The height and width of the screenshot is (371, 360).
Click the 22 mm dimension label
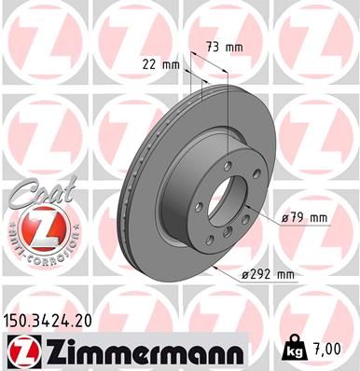(162, 64)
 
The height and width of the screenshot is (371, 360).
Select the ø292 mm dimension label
(268, 275)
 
